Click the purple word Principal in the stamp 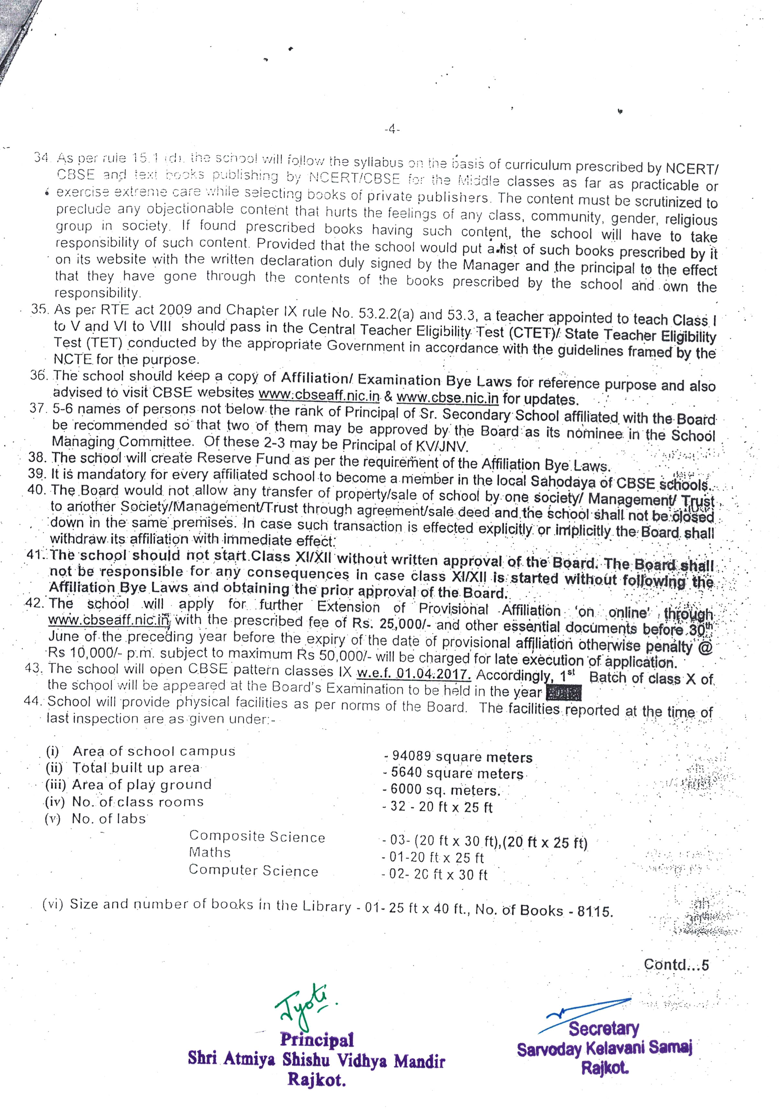tap(317, 1039)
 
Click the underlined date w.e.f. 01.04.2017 tap(413, 674)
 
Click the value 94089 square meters tap(461, 757)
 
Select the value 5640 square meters tap(457, 773)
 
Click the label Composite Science tap(257, 836)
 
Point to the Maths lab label tap(209, 852)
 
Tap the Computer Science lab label tap(254, 870)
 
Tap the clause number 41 tap(35, 554)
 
